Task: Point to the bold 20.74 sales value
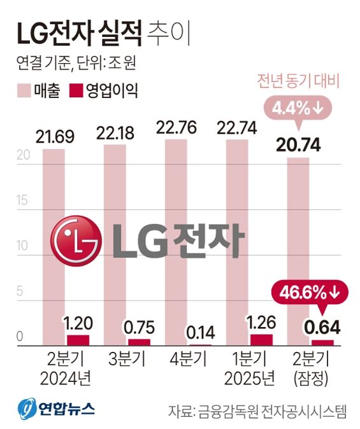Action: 299,145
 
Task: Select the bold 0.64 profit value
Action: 322,327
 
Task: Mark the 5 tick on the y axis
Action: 20,292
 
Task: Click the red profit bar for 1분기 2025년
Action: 261,340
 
